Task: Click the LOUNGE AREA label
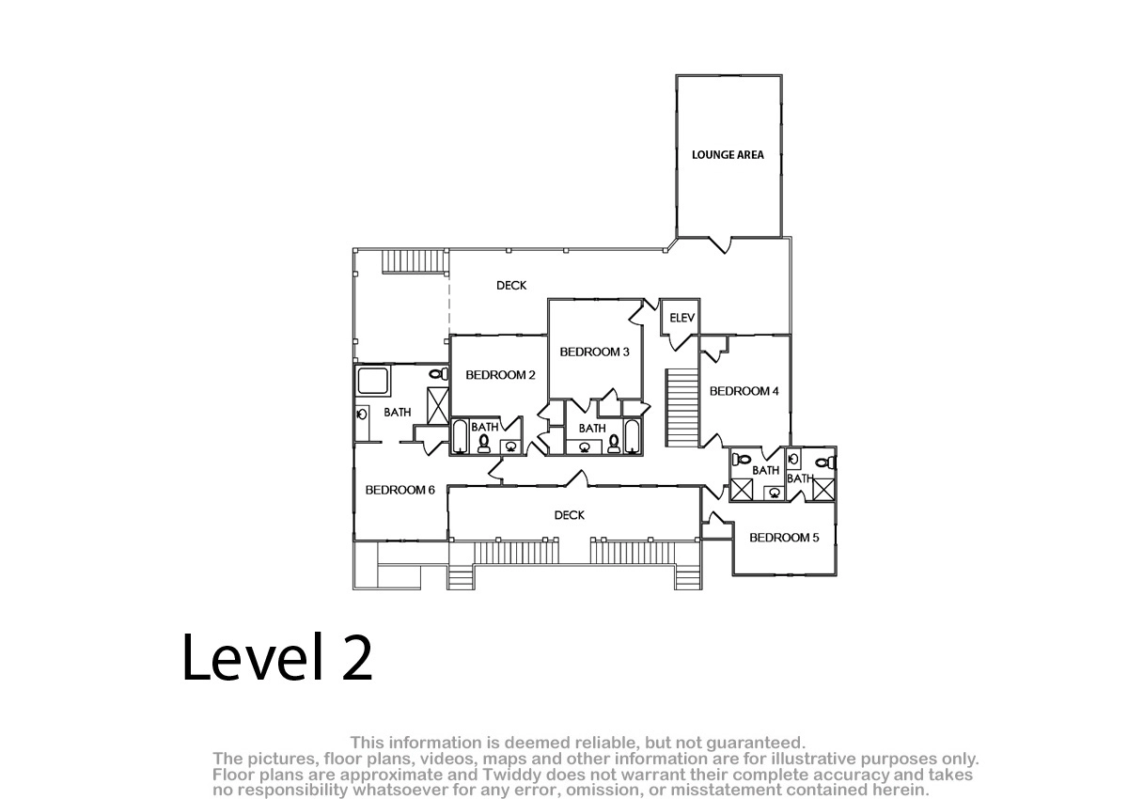(728, 155)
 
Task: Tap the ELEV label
(681, 318)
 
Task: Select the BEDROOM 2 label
(500, 375)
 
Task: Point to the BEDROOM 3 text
(594, 352)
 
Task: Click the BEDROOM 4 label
(744, 391)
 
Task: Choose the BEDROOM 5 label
(784, 538)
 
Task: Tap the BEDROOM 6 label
(399, 490)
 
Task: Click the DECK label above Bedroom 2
(511, 286)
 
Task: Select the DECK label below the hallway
(569, 515)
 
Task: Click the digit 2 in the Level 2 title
(356, 657)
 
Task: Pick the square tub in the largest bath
(373, 381)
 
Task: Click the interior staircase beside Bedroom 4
(681, 408)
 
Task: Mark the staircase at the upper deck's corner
(415, 261)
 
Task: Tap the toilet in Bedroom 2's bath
(484, 443)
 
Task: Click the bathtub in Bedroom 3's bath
(632, 436)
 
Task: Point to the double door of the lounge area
(725, 244)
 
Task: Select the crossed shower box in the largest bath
(438, 406)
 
